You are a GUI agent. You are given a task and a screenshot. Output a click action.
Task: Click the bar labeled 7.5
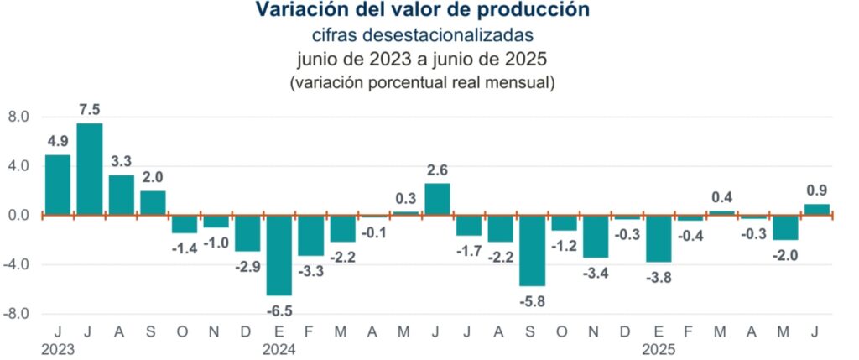click(90, 169)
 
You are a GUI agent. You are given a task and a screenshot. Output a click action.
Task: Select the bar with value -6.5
click(279, 255)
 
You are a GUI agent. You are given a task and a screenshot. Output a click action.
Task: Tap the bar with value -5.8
click(532, 251)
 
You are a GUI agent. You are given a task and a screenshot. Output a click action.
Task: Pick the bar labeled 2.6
click(437, 199)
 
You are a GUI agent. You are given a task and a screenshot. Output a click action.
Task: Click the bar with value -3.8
click(658, 238)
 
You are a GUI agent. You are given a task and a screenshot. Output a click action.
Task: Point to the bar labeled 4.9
click(58, 185)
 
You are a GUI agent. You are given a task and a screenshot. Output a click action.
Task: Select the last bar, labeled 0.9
click(817, 210)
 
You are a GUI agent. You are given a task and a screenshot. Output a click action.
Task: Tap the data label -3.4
click(596, 273)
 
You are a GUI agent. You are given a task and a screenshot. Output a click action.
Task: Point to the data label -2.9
click(247, 266)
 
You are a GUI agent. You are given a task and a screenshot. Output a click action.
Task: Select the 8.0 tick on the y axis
click(18, 117)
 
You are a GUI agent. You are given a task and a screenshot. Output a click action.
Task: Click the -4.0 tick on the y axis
click(17, 264)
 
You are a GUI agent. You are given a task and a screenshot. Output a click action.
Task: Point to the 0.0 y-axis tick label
click(18, 215)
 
